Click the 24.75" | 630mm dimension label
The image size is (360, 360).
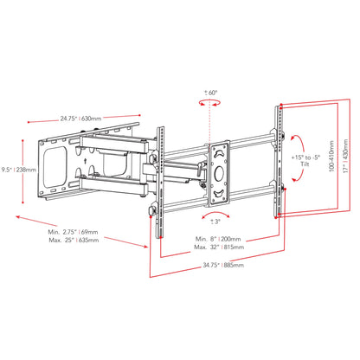[80, 119]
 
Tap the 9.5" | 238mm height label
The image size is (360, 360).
[19, 170]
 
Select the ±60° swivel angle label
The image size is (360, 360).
[211, 93]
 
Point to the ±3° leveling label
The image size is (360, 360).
[215, 222]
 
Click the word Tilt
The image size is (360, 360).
[305, 164]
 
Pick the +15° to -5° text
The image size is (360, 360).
[305, 157]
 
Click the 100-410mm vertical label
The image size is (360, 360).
[331, 156]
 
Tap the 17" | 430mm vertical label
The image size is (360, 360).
[346, 156]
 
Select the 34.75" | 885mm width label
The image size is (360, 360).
[223, 265]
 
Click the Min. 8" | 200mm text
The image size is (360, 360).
[218, 239]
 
